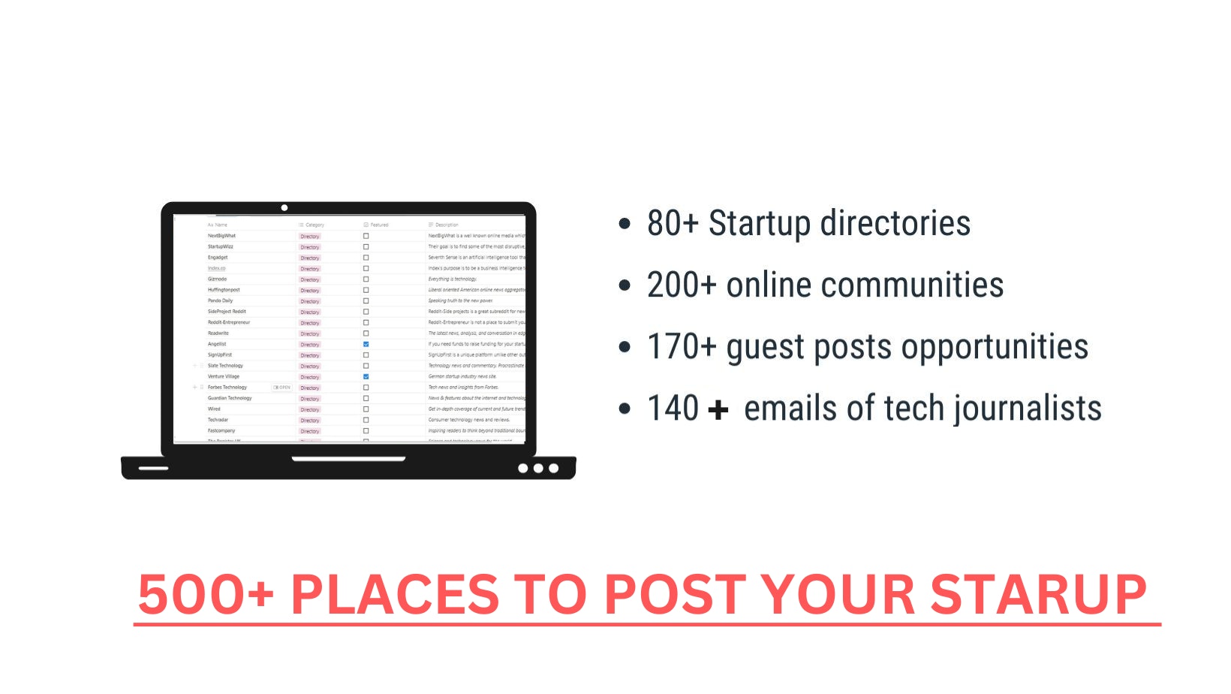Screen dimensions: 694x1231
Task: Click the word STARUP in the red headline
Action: click(x=1038, y=594)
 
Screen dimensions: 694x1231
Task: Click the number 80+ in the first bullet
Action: click(x=673, y=224)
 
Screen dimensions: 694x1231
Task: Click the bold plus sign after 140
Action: click(x=718, y=409)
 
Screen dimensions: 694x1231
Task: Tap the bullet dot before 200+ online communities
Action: click(x=625, y=285)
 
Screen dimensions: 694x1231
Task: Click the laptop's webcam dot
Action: click(x=284, y=207)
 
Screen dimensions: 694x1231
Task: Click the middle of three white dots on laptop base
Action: click(x=538, y=468)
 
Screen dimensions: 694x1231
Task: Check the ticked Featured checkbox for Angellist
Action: click(x=366, y=344)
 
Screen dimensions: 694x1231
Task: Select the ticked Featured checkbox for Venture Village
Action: click(x=366, y=376)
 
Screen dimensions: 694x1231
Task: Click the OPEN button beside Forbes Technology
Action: click(x=282, y=388)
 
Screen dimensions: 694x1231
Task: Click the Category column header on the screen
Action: click(x=315, y=225)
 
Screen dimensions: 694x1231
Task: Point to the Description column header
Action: click(x=446, y=225)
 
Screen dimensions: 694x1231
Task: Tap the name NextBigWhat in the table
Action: click(x=221, y=236)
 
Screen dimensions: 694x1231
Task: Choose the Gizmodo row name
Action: click(x=217, y=279)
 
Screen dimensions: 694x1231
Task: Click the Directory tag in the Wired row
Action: click(x=310, y=409)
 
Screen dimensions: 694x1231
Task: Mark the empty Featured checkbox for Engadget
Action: click(x=366, y=258)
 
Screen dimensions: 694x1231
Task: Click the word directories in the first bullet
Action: click(x=895, y=224)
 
